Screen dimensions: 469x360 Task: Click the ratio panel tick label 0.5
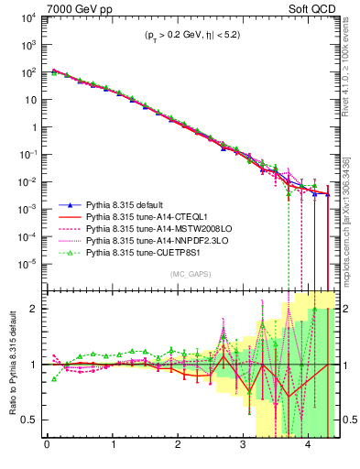[x=31, y=420]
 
